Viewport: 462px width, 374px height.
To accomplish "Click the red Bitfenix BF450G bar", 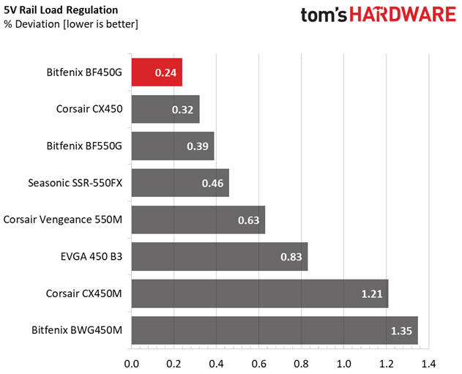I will (156, 72).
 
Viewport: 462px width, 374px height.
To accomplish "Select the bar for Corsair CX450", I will (165, 109).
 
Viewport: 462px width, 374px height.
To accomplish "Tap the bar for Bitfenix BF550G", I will (173, 146).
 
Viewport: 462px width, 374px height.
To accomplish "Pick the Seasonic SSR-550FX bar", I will (180, 182).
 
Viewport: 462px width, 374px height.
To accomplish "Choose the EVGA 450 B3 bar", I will (220, 256).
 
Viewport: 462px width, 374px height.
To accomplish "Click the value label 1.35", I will (402, 330).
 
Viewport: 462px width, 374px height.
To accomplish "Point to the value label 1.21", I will (373, 293).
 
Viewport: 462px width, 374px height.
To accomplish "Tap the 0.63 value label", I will (250, 220).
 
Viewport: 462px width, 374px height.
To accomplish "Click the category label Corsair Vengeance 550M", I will (63, 219).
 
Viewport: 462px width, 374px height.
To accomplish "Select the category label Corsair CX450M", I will (82, 293).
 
